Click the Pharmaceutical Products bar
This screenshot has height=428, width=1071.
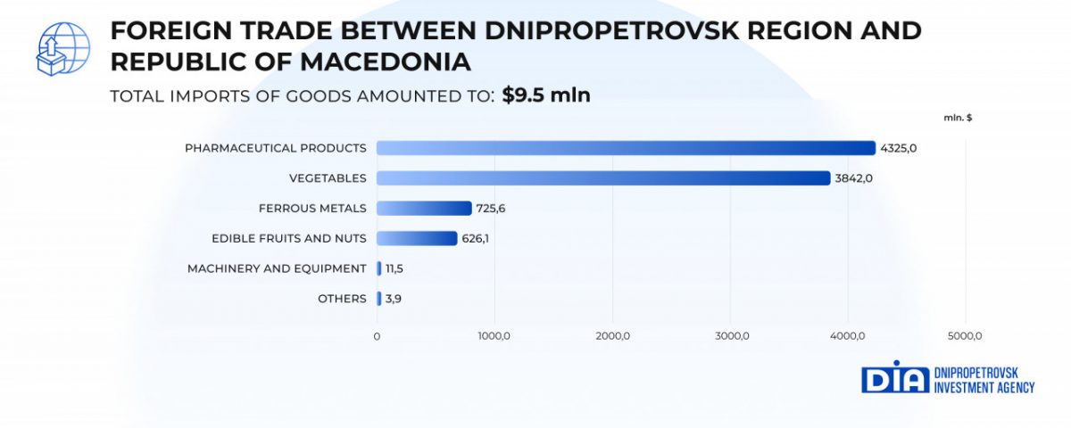[625, 148]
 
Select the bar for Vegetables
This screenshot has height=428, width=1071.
[602, 178]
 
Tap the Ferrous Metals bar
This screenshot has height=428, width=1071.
[424, 208]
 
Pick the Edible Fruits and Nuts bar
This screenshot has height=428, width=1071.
[417, 238]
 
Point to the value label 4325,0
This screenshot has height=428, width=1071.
[899, 148]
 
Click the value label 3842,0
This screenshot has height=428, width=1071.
[853, 178]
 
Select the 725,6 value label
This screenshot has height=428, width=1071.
[492, 209]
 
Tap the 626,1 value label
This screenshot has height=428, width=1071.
[477, 239]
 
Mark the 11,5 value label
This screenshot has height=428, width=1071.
[394, 268]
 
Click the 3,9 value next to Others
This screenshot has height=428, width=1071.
[394, 299]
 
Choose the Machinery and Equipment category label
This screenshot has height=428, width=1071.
[277, 268]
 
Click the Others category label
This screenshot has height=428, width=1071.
[342, 299]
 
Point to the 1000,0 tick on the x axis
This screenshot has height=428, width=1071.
[494, 336]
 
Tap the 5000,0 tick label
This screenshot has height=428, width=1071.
[966, 336]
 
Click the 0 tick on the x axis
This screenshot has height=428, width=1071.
[377, 336]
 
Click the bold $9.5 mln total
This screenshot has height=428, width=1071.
[546, 95]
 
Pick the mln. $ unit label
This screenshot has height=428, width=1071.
[958, 118]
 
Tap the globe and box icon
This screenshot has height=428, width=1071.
[62, 48]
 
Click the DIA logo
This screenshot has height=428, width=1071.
[895, 377]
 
